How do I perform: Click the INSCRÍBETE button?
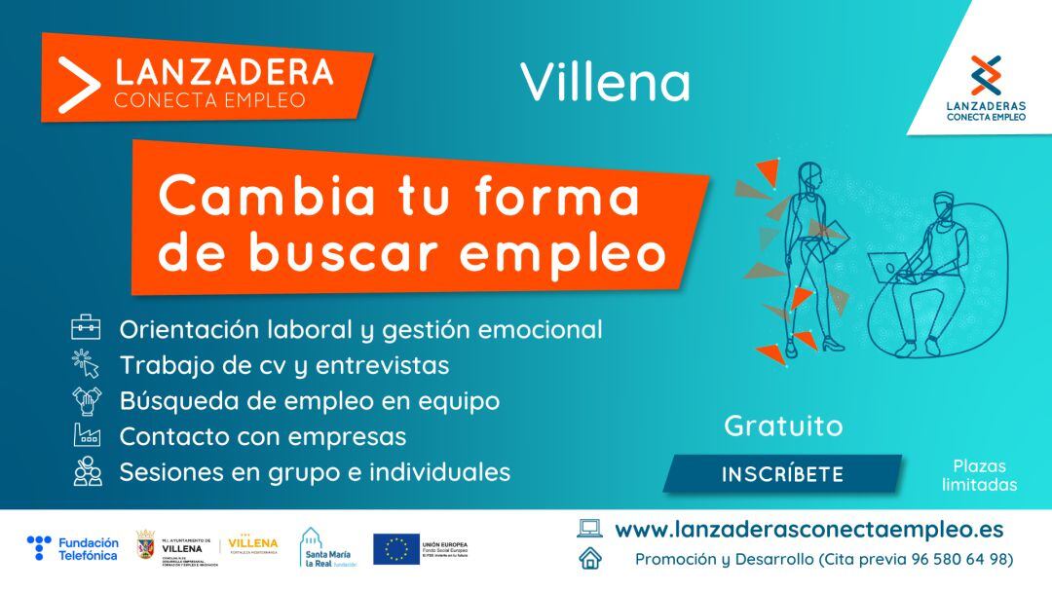[782, 474]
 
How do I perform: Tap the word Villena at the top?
[605, 83]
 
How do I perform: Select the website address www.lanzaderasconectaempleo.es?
[808, 530]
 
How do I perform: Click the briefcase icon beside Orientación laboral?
[86, 328]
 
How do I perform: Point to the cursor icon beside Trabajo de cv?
[86, 364]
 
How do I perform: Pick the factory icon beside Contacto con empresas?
[87, 435]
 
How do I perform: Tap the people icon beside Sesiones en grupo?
[87, 471]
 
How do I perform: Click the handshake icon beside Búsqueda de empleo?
[87, 400]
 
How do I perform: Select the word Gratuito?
[783, 426]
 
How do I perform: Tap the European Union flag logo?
[396, 549]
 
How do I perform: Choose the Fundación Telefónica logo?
[73, 549]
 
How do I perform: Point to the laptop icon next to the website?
[589, 529]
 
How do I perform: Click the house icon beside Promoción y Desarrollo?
[589, 559]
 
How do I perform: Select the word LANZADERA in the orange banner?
[224, 71]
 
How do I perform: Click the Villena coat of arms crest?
[144, 547]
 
